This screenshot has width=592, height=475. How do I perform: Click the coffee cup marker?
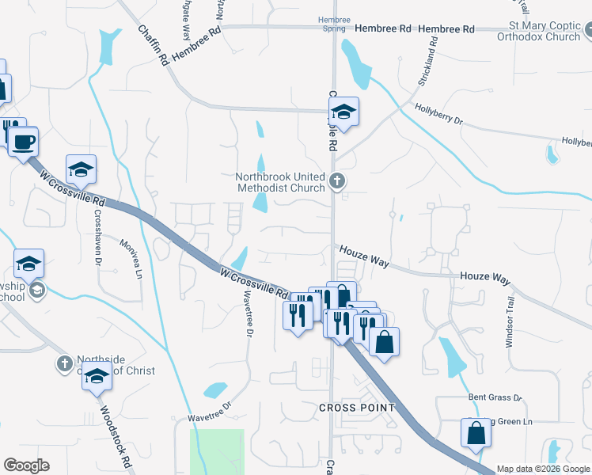[23, 142]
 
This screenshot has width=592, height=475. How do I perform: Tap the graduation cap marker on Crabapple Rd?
[343, 112]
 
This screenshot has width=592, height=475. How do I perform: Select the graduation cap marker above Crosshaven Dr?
[81, 169]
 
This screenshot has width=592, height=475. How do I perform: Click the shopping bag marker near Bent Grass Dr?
[476, 433]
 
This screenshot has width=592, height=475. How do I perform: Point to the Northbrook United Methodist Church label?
[281, 182]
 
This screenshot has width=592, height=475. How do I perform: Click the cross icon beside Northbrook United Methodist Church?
[337, 182]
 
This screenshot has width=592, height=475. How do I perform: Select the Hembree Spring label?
[333, 23]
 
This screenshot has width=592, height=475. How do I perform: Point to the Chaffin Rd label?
[153, 45]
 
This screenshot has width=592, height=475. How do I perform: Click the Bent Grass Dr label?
[495, 396]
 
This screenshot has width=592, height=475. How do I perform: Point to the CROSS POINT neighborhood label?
[356, 407]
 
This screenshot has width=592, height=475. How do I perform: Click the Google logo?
[27, 465]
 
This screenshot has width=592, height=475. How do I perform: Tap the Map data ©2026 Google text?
[543, 469]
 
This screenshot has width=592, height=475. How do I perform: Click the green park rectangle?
[217, 451]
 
